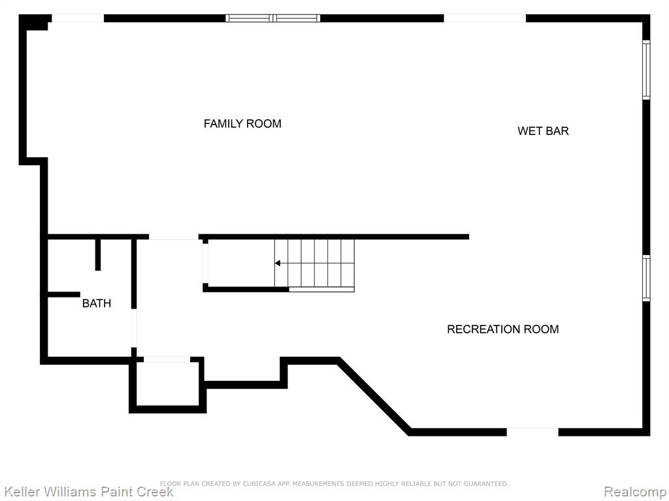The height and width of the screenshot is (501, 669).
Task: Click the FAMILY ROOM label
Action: [x=242, y=123]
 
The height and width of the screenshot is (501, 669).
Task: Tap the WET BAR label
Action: [x=543, y=130]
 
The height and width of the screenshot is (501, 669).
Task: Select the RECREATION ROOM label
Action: [x=502, y=329]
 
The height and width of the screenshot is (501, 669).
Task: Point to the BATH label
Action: [x=97, y=303]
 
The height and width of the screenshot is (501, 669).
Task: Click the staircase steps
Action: [x=314, y=264]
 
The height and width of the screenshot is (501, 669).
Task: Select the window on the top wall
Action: [x=272, y=18]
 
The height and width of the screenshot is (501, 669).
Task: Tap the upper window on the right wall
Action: [x=646, y=70]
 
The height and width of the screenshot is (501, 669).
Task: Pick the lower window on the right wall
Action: [x=646, y=278]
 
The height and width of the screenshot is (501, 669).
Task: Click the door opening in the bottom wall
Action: [x=532, y=432]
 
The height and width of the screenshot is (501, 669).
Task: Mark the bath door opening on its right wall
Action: [x=134, y=328]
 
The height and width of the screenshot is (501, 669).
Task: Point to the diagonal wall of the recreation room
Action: [x=374, y=396]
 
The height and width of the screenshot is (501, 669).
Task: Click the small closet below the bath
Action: [x=167, y=382]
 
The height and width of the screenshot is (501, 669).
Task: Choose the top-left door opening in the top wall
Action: [x=78, y=18]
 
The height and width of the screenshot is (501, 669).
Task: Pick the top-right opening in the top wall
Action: [x=485, y=18]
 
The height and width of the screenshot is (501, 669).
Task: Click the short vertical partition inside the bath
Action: [x=98, y=255]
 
